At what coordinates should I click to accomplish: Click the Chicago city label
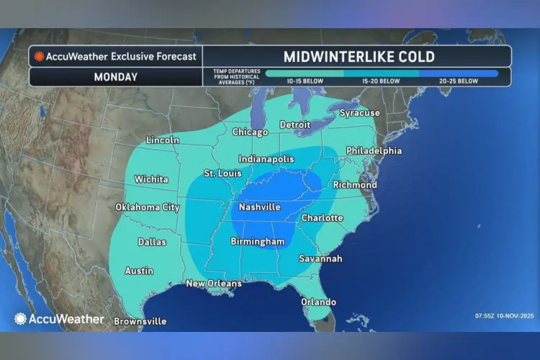tap(250, 132)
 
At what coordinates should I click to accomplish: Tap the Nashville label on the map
tap(256, 207)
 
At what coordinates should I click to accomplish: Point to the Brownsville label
tap(140, 321)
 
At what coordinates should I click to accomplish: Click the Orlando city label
tap(318, 302)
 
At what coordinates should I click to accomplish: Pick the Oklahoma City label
tap(147, 207)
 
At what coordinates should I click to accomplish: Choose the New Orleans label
tap(214, 284)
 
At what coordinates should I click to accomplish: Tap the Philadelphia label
tap(374, 151)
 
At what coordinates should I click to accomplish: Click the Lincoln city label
tap(162, 140)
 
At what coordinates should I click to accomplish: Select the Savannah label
tap(320, 258)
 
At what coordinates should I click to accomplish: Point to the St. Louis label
tap(222, 174)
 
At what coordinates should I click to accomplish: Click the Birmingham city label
tap(258, 242)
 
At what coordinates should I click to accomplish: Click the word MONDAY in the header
tap(115, 77)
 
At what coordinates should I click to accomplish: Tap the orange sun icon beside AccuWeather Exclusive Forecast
tap(39, 57)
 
